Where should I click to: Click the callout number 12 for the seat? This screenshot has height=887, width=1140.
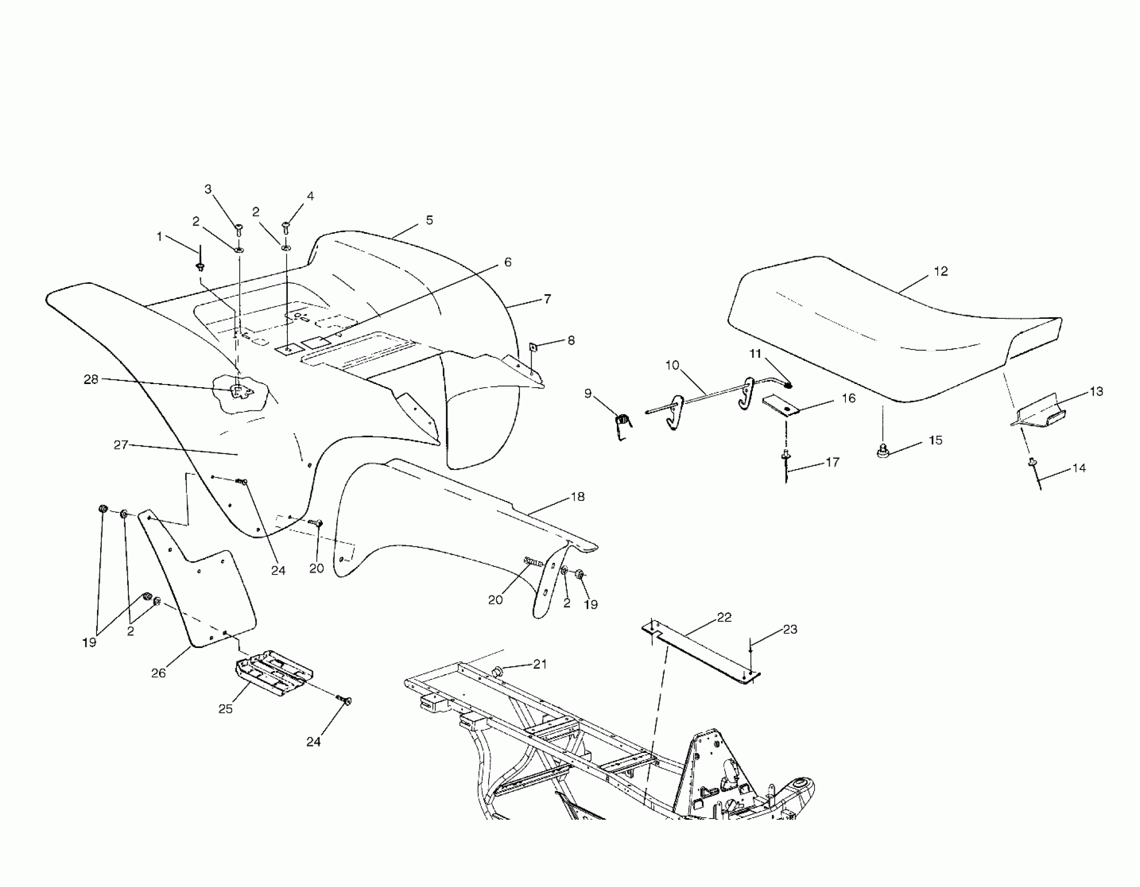(941, 272)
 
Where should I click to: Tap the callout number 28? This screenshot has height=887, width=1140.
(91, 379)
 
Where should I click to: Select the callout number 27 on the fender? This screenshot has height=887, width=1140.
(120, 445)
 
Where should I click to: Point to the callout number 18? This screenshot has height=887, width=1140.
(578, 496)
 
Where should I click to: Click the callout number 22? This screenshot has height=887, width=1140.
(724, 617)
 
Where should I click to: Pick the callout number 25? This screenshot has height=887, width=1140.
(225, 709)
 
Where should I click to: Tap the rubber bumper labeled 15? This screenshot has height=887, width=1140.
(883, 451)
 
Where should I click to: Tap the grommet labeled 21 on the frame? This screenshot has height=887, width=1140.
(497, 670)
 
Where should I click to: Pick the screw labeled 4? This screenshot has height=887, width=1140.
(286, 227)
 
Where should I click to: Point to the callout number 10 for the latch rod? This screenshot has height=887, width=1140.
(672, 365)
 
